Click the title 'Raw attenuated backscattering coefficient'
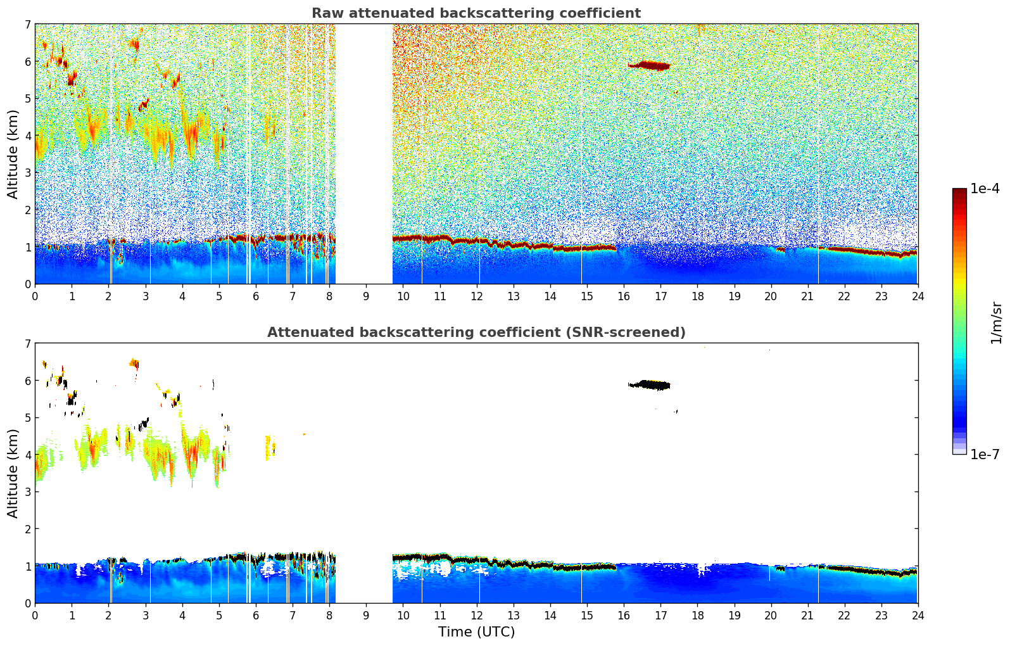tap(476, 13)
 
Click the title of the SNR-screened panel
tap(476, 332)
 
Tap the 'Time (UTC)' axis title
tap(476, 632)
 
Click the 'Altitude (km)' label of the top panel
tap(13, 154)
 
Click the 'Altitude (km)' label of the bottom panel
tap(13, 473)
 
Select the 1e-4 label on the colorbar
tap(985, 189)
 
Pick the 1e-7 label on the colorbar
tap(985, 454)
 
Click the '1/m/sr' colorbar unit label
tap(996, 322)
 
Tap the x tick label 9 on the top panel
tap(366, 296)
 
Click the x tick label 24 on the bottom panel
tap(918, 615)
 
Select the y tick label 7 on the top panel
tap(28, 25)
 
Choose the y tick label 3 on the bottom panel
tap(28, 491)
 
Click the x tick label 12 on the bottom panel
tap(476, 615)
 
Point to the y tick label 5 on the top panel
tap(28, 98)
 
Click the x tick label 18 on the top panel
tap(697, 296)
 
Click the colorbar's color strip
tap(959, 321)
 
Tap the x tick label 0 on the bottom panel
tap(35, 615)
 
